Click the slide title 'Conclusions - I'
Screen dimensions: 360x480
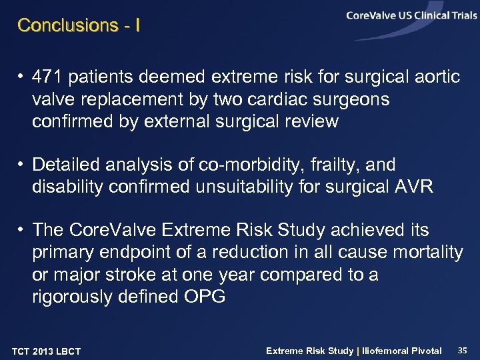78,25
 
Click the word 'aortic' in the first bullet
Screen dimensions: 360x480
437,77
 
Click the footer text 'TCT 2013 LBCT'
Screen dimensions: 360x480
46,351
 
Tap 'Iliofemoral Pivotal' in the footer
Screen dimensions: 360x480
401,351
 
